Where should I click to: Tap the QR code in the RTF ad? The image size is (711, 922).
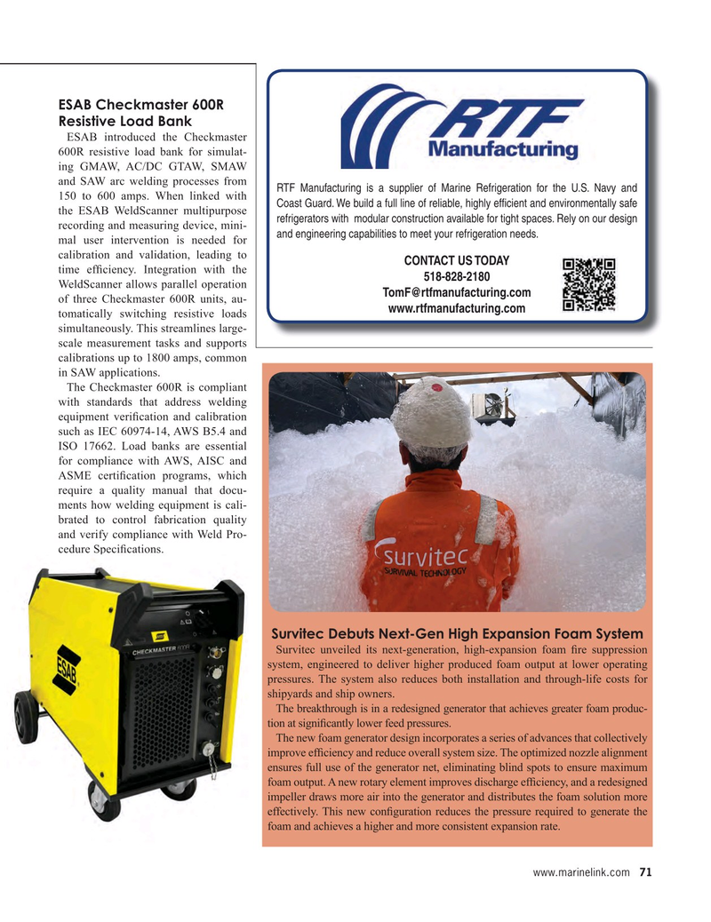click(x=589, y=285)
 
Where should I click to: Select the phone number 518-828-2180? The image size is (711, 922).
click(x=456, y=276)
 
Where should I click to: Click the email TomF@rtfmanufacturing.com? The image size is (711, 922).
click(x=456, y=293)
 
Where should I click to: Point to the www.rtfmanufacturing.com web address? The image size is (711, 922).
click(x=456, y=309)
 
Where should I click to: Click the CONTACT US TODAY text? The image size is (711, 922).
click(x=456, y=260)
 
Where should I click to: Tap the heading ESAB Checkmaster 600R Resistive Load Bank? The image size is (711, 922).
click(x=140, y=112)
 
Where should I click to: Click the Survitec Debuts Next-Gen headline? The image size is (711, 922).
click(x=457, y=634)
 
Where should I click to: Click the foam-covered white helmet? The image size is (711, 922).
click(x=433, y=411)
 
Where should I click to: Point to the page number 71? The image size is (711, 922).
click(x=645, y=872)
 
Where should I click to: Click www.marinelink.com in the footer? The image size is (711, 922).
click(x=581, y=872)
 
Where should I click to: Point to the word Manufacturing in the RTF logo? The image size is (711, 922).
click(x=503, y=149)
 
